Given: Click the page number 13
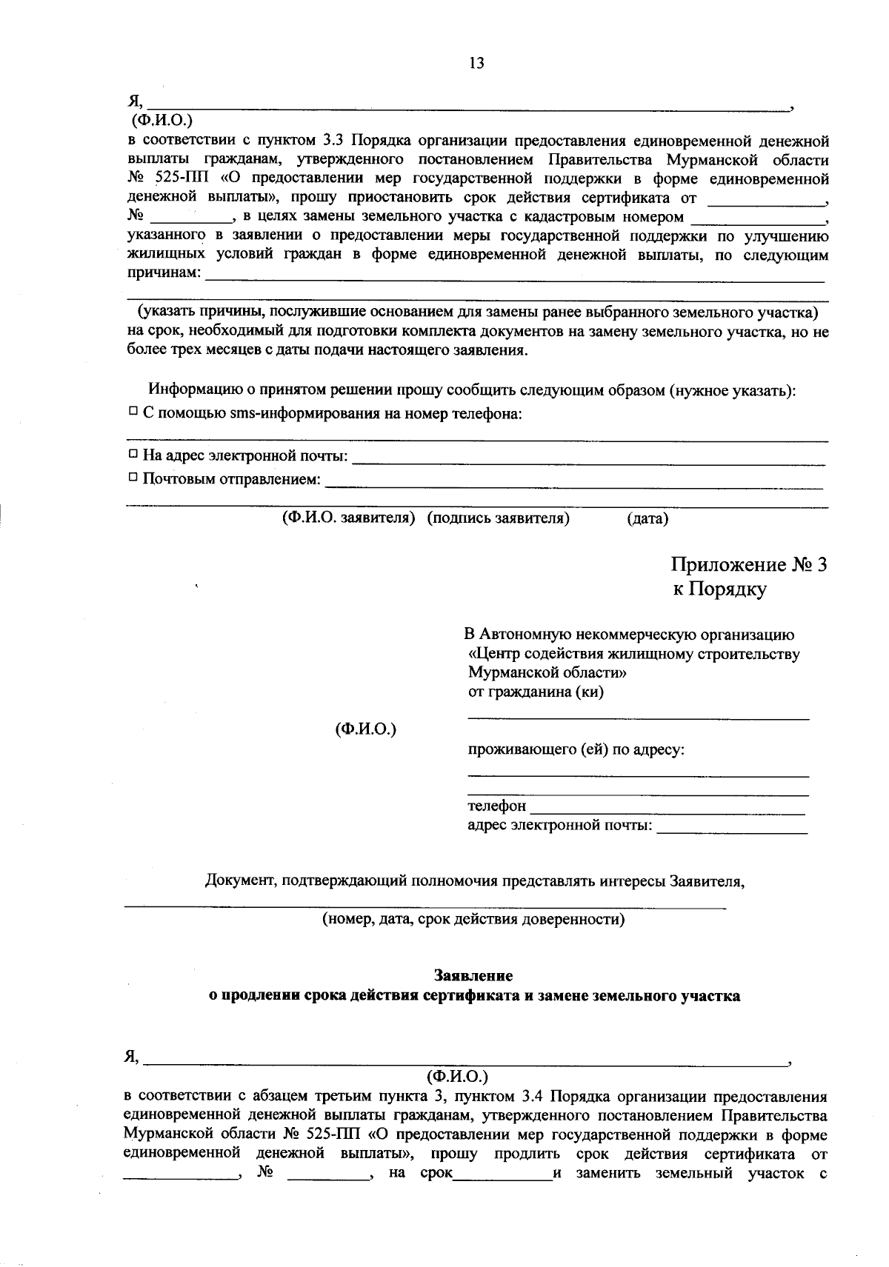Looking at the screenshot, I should pos(476,64).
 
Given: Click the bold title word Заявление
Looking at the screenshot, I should pos(473,976).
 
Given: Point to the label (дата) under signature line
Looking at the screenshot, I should pos(647,519).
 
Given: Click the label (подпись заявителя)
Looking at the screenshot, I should pos(498,518).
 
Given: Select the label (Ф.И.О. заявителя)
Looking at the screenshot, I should pos(346,518).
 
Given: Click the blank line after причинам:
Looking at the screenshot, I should pos(514,278).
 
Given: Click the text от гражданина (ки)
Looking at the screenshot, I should pos(536,693).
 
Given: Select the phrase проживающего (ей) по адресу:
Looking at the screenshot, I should pos(576,749).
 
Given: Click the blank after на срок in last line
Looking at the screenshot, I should pos(503,1175).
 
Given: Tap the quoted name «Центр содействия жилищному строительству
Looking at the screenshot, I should pos(634,655).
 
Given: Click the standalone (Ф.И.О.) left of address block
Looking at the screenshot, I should pos(366,729).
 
